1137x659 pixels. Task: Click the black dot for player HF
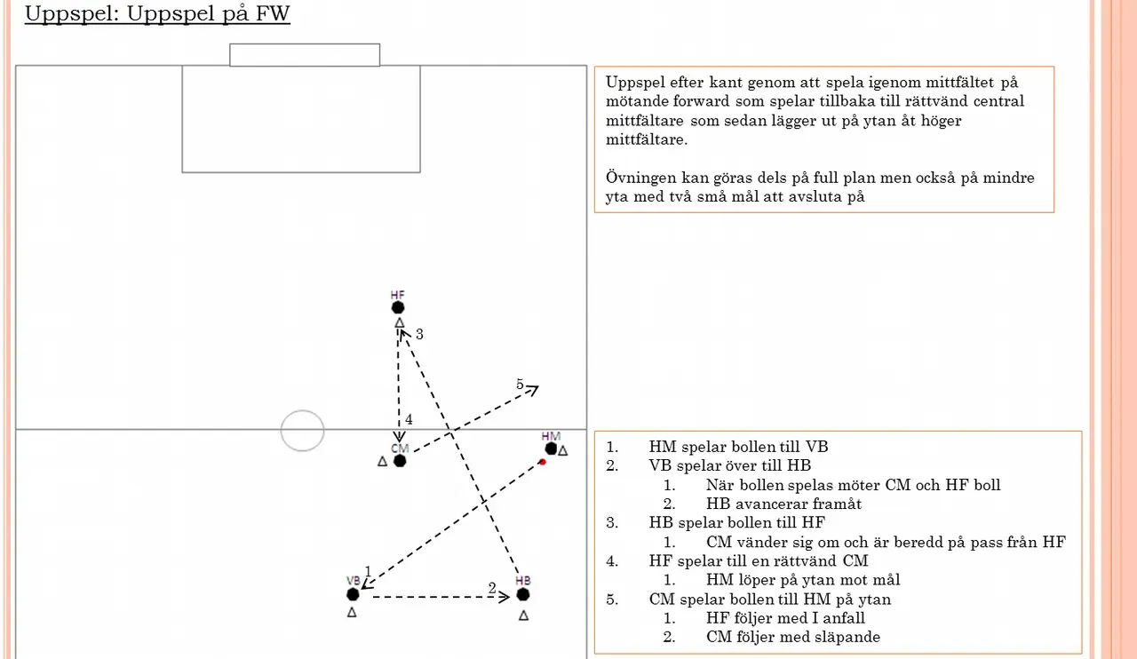pos(398,307)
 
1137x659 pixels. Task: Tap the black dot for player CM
pos(400,461)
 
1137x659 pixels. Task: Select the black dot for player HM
pos(551,449)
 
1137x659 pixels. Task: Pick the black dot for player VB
pos(353,594)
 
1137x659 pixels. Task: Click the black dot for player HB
pos(523,594)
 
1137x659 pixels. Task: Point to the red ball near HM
pos(543,462)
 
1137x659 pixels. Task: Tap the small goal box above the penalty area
pos(305,55)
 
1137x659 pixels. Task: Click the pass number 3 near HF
pos(419,334)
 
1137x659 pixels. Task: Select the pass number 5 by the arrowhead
pos(520,385)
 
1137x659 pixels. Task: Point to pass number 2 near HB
pos(492,588)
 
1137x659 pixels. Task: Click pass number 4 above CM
pos(409,419)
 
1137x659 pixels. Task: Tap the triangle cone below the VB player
pos(352,612)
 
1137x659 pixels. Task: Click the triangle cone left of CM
pos(383,461)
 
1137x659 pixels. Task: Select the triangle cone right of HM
pos(563,450)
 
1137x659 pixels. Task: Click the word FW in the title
pos(273,13)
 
